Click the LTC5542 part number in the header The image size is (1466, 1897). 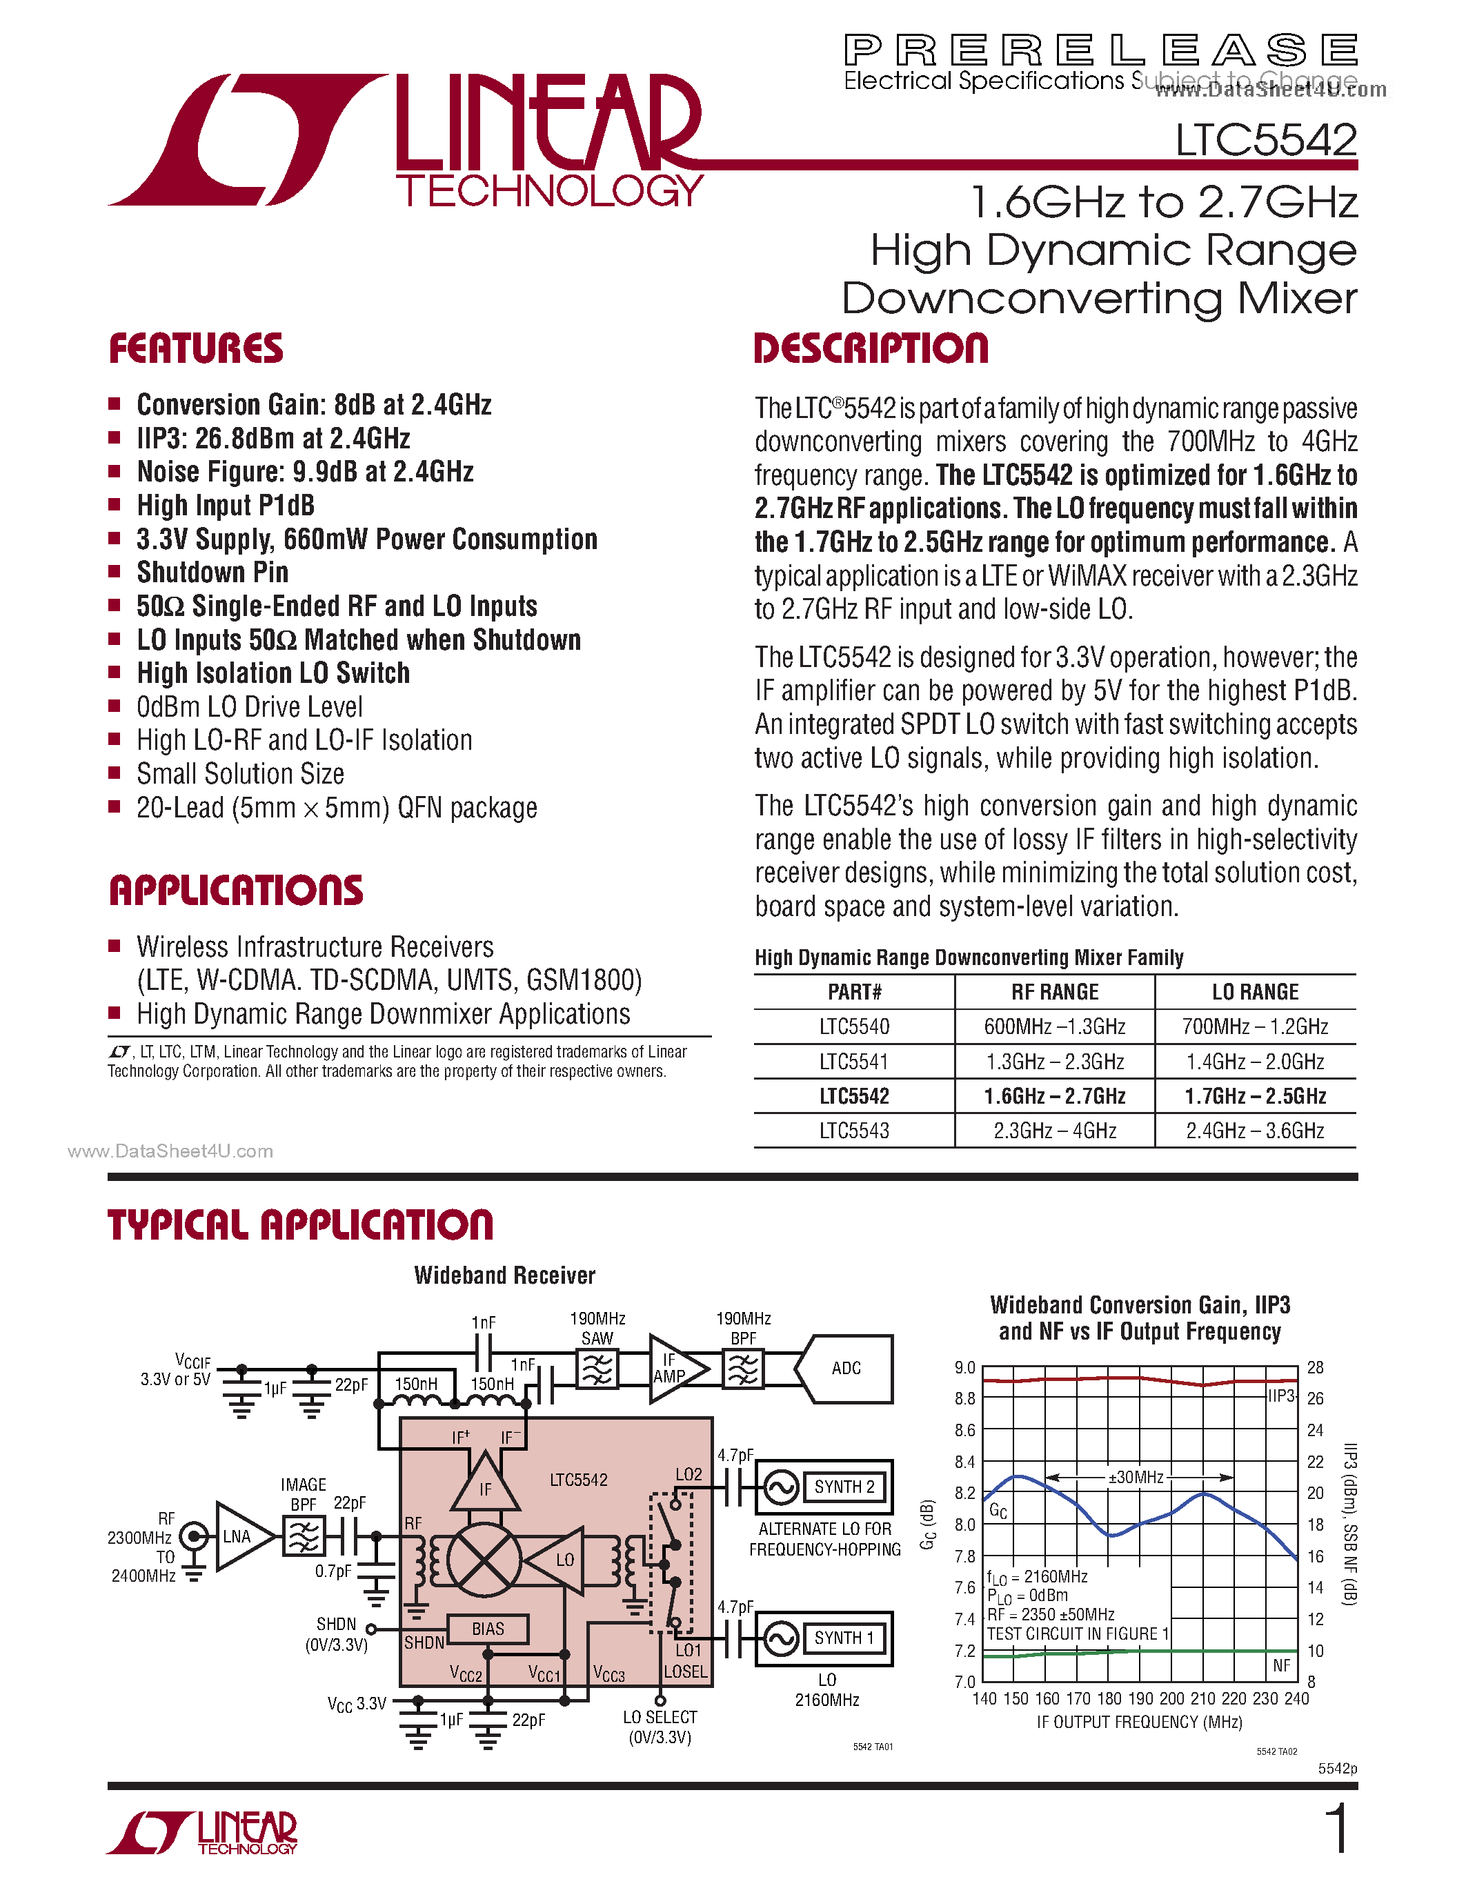tap(1265, 140)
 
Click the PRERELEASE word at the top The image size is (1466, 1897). tap(1100, 50)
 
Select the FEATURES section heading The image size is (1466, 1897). tap(197, 348)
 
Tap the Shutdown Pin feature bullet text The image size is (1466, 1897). tap(212, 573)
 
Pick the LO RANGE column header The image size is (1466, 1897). tap(1255, 992)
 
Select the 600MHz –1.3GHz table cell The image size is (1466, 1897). tap(1054, 1026)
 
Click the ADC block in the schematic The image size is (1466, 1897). tap(846, 1369)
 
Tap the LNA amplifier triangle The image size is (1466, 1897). tap(239, 1536)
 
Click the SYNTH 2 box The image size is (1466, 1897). tap(843, 1487)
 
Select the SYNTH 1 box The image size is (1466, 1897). tap(843, 1638)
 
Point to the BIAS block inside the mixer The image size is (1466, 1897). tap(487, 1629)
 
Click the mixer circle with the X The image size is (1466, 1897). tap(484, 1560)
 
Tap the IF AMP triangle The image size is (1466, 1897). tap(673, 1369)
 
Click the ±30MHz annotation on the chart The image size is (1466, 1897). tap(1135, 1478)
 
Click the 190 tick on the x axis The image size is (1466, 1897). tap(1140, 1698)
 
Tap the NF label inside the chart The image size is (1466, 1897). tap(1281, 1665)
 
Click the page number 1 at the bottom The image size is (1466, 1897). tap(1338, 1827)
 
